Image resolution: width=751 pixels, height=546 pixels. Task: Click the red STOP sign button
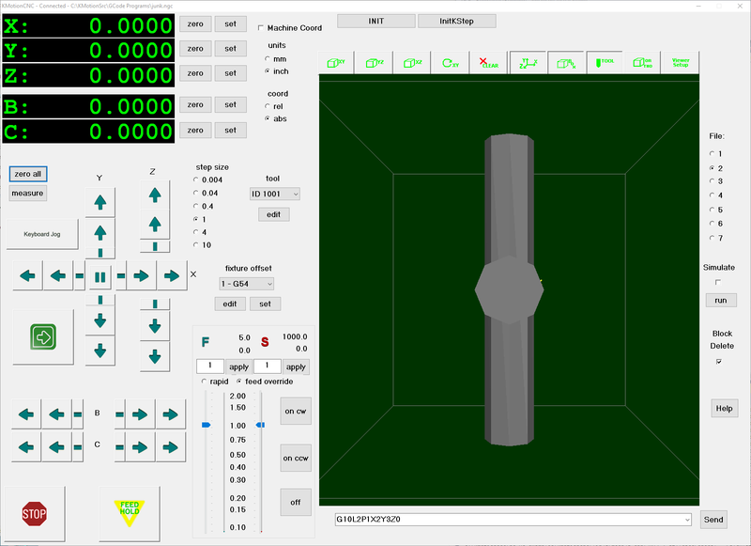pyautogui.click(x=34, y=513)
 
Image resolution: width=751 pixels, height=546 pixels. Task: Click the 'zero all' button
pyautogui.click(x=27, y=174)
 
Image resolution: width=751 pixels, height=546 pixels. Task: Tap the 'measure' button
pyautogui.click(x=27, y=193)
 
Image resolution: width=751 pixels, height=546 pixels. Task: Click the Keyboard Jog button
pyautogui.click(x=42, y=234)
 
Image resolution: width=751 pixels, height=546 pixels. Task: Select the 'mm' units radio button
pyautogui.click(x=268, y=58)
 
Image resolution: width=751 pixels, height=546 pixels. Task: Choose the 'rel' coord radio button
pyautogui.click(x=268, y=106)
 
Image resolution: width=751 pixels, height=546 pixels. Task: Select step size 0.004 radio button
pyautogui.click(x=196, y=179)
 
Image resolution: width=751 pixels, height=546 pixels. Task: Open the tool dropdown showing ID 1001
pyautogui.click(x=274, y=194)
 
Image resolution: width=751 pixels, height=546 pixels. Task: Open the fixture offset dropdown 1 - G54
pyautogui.click(x=246, y=283)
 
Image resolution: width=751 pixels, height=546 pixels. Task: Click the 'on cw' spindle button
pyautogui.click(x=296, y=411)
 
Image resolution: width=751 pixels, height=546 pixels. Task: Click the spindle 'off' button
pyautogui.click(x=296, y=502)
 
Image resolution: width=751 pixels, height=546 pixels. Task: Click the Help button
pyautogui.click(x=724, y=408)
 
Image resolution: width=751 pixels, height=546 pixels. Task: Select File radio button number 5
pyautogui.click(x=713, y=210)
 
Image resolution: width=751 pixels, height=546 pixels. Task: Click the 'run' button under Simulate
pyautogui.click(x=721, y=300)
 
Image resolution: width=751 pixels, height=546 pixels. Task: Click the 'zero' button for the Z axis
pyautogui.click(x=195, y=73)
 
